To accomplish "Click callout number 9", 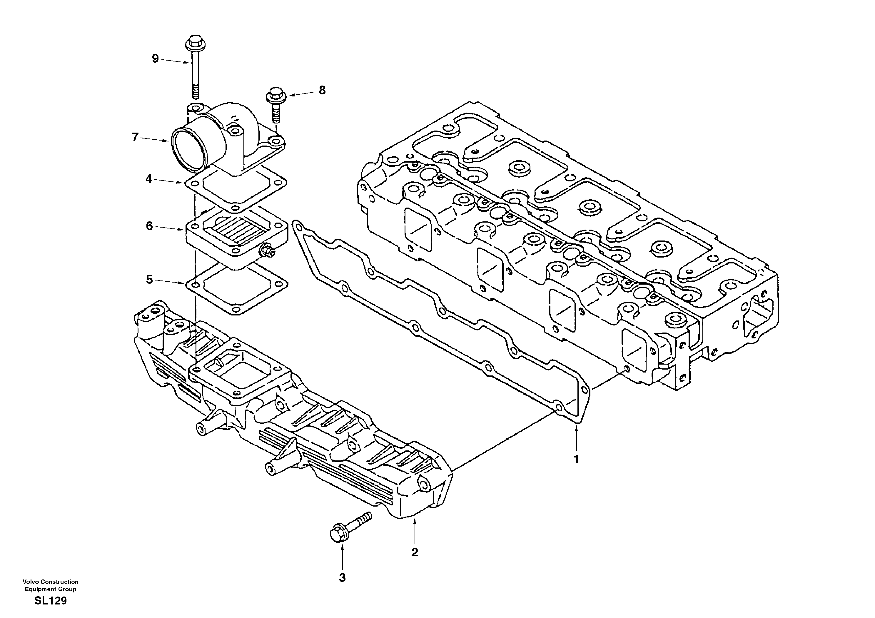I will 155,59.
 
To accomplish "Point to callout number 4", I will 149,179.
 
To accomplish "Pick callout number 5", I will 149,279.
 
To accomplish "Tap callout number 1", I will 576,460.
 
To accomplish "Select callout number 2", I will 415,552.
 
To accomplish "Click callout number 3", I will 342,578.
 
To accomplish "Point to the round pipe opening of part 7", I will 187,149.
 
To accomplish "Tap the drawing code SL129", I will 50,601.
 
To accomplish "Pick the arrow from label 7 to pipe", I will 154,139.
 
